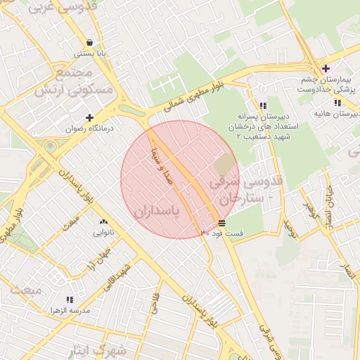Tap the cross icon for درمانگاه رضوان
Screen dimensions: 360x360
[89, 117]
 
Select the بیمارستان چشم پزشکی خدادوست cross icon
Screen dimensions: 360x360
[325, 68]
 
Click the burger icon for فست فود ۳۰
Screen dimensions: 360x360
[222, 222]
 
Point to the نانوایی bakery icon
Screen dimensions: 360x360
[103, 221]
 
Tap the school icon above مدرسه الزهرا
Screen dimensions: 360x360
[69, 300]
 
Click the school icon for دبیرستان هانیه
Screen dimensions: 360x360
[338, 103]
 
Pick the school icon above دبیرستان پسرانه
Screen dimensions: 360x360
[262, 105]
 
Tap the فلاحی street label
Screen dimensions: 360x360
[155, 304]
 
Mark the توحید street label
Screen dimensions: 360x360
[289, 226]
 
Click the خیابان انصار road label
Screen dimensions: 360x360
[328, 207]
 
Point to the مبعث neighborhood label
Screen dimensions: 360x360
[21, 292]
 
